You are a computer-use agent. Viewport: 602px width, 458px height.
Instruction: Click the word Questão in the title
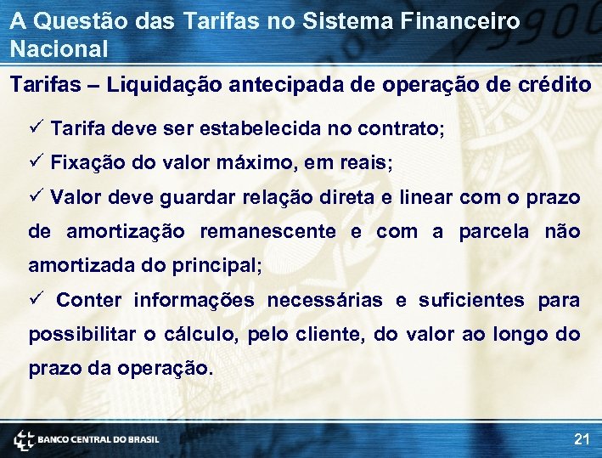tap(75, 21)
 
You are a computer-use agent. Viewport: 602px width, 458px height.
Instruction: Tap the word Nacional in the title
tap(59, 49)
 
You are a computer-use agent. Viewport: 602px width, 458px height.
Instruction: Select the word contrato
tap(397, 129)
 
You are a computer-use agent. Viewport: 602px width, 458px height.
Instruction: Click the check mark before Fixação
tap(35, 162)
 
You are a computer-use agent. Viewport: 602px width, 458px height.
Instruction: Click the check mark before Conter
tap(35, 300)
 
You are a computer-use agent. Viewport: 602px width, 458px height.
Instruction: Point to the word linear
tap(425, 198)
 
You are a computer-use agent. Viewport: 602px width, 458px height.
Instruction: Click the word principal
tap(217, 266)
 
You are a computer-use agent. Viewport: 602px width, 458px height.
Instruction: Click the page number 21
tap(582, 439)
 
